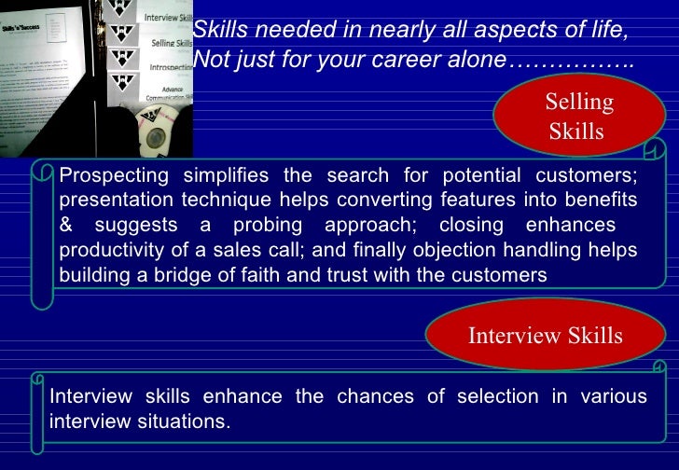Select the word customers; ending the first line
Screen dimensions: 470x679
click(592, 175)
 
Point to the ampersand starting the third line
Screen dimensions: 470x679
click(66, 226)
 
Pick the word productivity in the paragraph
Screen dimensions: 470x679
click(108, 251)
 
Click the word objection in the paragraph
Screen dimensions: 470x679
click(483, 251)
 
